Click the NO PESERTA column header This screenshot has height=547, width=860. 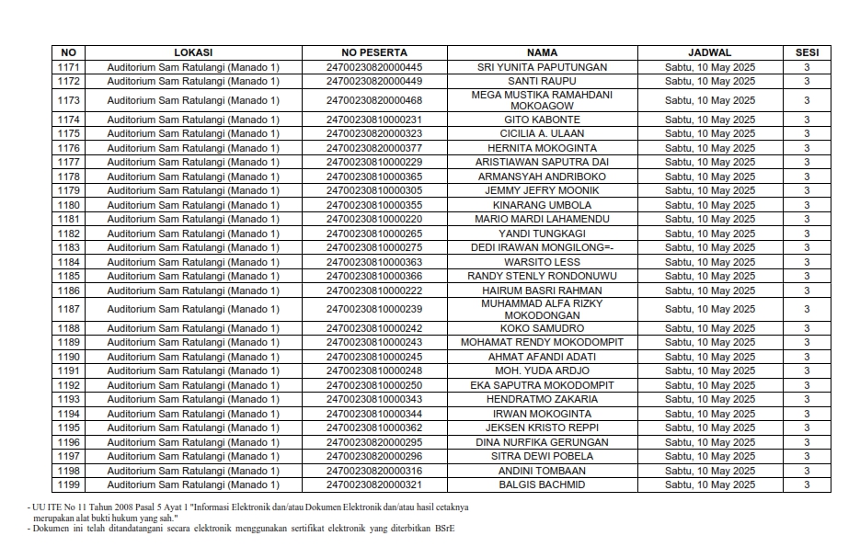tap(373, 52)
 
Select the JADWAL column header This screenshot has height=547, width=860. tap(709, 52)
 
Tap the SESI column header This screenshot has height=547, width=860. tap(807, 52)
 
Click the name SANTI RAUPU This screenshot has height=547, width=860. tap(542, 81)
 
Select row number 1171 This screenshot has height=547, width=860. tap(69, 67)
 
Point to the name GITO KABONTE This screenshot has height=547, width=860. tap(542, 120)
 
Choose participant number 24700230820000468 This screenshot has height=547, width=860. tap(373, 100)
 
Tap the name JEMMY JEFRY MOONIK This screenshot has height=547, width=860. tap(542, 190)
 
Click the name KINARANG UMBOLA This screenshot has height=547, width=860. tap(542, 205)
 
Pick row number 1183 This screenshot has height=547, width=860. tap(69, 247)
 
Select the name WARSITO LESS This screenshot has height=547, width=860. tap(542, 262)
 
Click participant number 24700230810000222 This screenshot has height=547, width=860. tap(373, 291)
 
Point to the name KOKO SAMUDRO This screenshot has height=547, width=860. tap(542, 328)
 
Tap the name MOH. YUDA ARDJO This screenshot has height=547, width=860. tap(542, 370)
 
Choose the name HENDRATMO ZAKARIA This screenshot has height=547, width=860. tap(542, 399)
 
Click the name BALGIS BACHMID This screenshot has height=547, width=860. tap(542, 484)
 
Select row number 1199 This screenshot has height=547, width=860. tap(69, 484)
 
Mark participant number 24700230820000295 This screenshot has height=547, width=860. tap(373, 442)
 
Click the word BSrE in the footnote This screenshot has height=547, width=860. tap(446, 529)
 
